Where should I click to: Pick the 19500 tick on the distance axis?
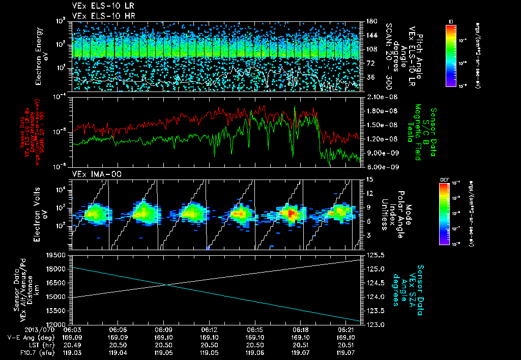pos(60,255)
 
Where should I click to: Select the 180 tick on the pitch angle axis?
pos(369,21)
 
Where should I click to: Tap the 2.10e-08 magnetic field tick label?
pos(381,97)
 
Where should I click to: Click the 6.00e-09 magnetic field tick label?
pos(381,167)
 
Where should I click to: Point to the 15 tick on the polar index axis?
pos(369,179)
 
